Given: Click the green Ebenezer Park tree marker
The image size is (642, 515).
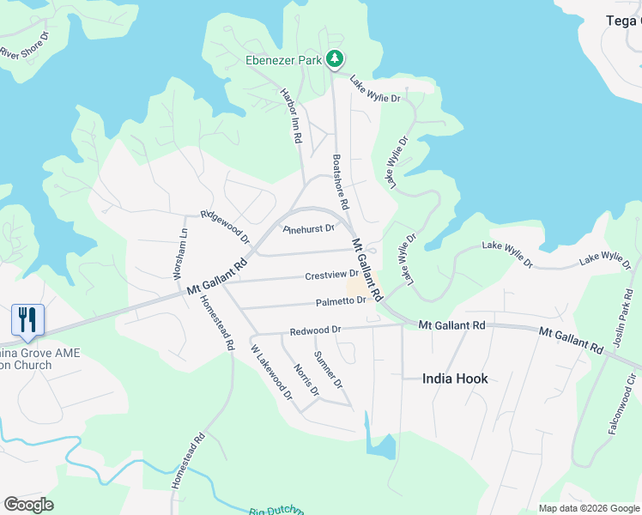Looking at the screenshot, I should click(335, 59).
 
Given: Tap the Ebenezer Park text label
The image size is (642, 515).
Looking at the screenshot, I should click(283, 60).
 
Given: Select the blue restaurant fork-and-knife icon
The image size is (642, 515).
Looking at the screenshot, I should click(27, 320).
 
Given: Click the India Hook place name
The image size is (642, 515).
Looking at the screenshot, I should click(455, 379).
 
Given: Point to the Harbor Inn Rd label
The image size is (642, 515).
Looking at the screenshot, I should click(293, 114).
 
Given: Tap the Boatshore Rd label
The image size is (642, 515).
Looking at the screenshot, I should click(340, 182).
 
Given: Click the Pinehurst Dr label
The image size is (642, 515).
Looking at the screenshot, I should click(308, 229).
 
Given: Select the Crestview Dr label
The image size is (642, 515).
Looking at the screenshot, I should click(330, 276).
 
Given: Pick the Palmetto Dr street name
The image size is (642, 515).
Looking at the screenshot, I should click(341, 301).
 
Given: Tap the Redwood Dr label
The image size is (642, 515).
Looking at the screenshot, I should click(315, 330).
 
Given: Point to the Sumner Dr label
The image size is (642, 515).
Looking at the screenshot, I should click(328, 369).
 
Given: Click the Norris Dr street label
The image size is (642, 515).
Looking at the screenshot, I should click(306, 380).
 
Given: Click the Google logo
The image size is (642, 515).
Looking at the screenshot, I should click(28, 505).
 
